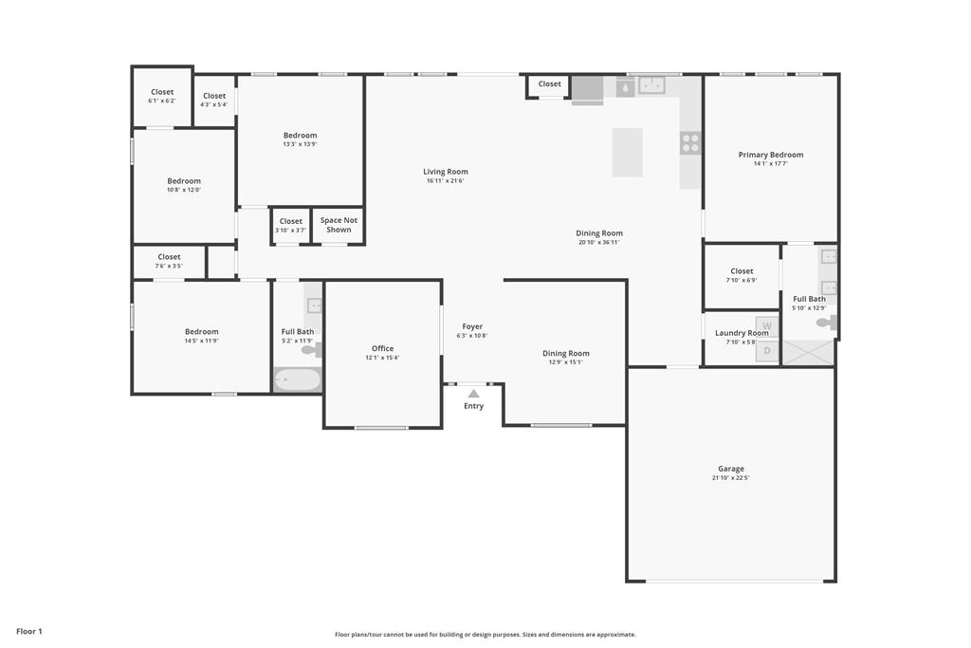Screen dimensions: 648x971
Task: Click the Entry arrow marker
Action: [473, 393]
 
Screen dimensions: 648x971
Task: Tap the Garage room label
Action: [730, 469]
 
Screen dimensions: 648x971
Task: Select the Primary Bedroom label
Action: [770, 155]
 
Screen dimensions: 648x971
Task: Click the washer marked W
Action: [767, 326]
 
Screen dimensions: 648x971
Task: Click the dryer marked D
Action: [767, 351]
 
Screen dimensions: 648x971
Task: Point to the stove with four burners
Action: [690, 143]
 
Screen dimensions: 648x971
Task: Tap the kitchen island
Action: [627, 152]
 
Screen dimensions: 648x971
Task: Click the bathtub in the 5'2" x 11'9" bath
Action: [298, 380]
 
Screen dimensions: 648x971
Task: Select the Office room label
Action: [382, 348]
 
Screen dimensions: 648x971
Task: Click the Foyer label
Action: [472, 326]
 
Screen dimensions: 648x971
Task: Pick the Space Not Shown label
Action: [339, 225]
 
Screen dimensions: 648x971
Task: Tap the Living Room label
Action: [446, 172]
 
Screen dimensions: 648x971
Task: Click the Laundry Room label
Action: [742, 333]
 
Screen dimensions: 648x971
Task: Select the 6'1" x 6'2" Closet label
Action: [162, 92]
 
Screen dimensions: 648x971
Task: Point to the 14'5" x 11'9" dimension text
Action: [201, 341]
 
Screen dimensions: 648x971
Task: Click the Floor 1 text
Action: [29, 631]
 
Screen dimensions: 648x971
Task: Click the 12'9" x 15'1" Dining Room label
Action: [566, 354]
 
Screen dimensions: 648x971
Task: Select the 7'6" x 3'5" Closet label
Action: [169, 257]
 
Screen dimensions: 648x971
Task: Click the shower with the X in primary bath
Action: [809, 353]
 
